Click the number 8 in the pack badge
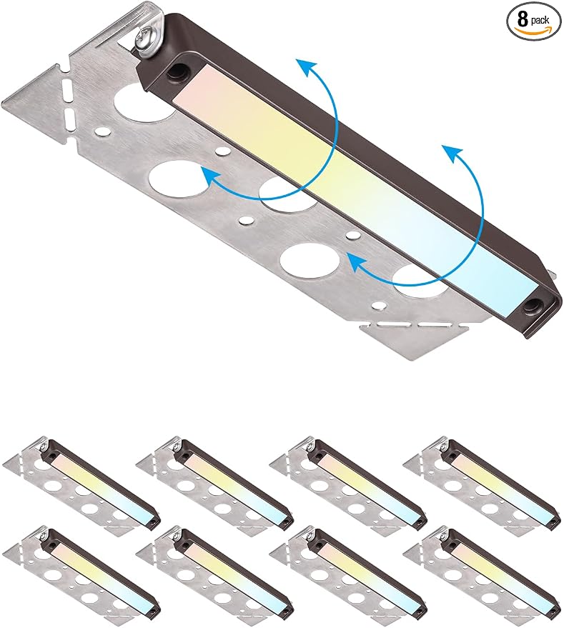(x=523, y=19)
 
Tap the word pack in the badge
(x=540, y=21)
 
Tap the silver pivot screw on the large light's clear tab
(x=144, y=39)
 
